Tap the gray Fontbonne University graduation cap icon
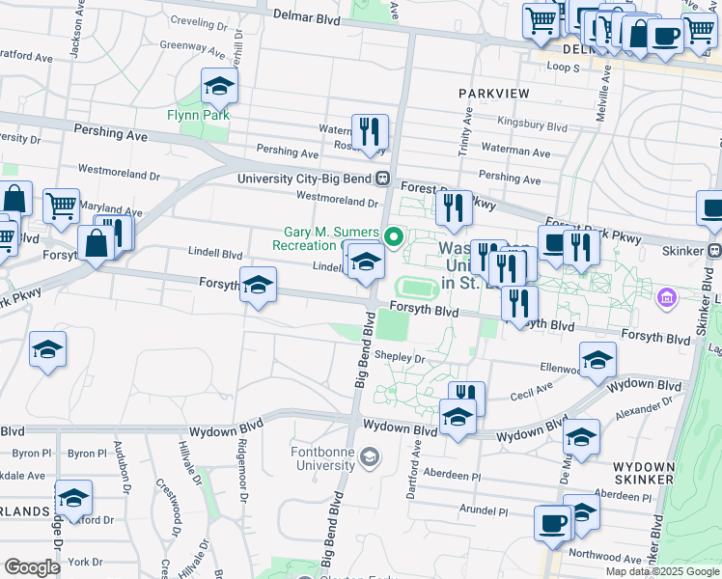tap(368, 456)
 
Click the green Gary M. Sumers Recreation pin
tap(393, 235)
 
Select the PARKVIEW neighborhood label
tap(494, 93)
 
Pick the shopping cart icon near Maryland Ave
tap(60, 205)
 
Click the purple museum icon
tap(665, 296)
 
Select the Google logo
tap(33, 567)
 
